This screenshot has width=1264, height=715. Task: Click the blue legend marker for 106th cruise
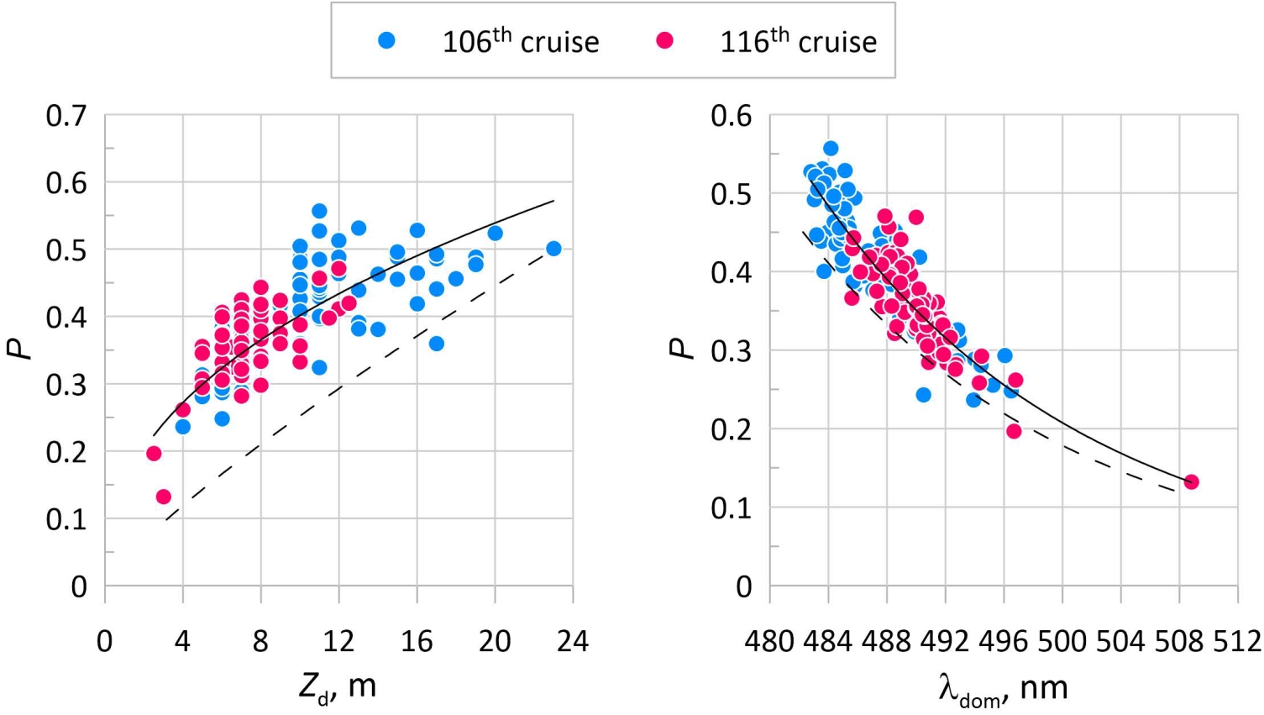point(386,40)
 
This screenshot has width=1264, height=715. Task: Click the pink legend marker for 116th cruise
point(664,40)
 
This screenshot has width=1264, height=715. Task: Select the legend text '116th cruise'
point(798,41)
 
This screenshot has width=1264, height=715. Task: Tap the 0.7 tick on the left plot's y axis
point(66,116)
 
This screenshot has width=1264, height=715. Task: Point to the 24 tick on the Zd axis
point(573,642)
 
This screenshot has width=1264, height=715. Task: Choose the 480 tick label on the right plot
point(769,642)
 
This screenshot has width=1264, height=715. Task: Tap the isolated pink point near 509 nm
point(1191,481)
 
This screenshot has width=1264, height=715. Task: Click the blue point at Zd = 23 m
point(553,249)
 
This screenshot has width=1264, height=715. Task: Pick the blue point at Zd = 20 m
point(495,233)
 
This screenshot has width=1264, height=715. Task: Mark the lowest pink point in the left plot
point(164,497)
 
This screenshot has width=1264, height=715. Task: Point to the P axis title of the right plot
point(684,350)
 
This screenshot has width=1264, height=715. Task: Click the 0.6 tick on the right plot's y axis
point(731,116)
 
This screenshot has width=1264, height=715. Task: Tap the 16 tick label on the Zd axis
point(417,642)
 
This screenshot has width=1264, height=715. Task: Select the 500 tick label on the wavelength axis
point(1062,642)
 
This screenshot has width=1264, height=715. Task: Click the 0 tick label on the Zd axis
point(104,642)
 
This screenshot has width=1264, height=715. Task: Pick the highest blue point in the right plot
point(830,149)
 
